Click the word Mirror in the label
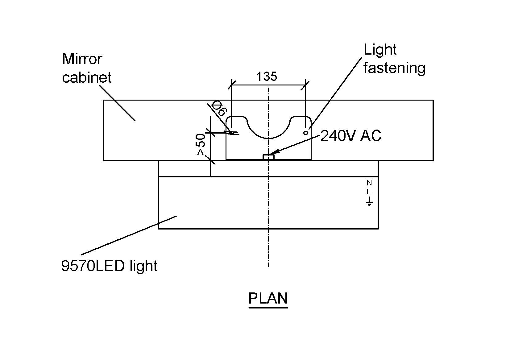click(82, 59)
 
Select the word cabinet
click(87, 77)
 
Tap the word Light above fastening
click(380, 50)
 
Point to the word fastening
click(394, 68)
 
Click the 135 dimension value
click(267, 76)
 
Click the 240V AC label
click(350, 136)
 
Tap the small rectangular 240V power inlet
click(269, 157)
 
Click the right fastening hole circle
click(305, 133)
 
